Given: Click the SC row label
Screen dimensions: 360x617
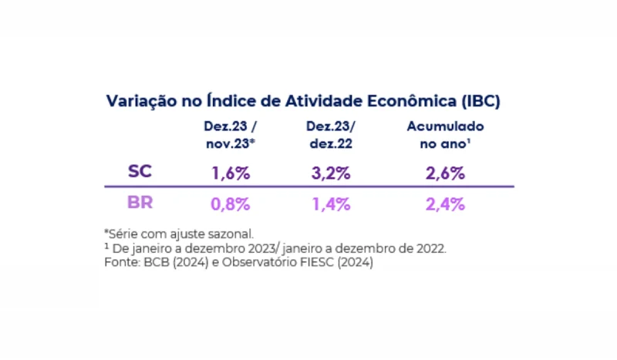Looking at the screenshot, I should coord(140,172).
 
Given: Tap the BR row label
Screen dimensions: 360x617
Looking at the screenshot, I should coord(140,204).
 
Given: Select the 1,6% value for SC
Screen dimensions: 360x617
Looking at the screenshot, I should coord(231,173).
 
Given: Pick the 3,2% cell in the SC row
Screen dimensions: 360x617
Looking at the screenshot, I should coord(331,173).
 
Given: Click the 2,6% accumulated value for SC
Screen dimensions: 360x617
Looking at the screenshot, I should coord(445,173).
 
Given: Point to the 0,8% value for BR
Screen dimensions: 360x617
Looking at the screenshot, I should coord(231,204).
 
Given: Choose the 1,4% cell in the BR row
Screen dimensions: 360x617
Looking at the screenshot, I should coord(331,204).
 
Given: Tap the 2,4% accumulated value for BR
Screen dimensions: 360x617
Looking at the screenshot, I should coord(445,204).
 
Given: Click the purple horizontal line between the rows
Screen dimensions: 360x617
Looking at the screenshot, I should coord(308,187).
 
